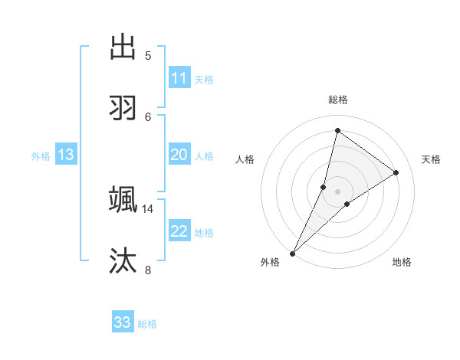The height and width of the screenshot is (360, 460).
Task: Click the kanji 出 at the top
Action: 123,47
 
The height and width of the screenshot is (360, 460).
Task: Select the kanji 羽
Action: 123,108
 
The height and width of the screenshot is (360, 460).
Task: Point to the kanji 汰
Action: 123,261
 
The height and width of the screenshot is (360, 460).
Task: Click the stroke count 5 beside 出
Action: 148,56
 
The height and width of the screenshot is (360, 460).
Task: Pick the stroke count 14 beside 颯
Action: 148,208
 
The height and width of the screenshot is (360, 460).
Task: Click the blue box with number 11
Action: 179,78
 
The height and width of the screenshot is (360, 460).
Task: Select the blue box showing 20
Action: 179,155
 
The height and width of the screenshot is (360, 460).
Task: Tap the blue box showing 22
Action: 179,231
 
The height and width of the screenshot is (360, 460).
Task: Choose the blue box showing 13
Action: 66,155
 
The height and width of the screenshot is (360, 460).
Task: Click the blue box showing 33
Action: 123,322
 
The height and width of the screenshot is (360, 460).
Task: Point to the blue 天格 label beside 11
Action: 204,80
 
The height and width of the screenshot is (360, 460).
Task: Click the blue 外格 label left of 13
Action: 41,156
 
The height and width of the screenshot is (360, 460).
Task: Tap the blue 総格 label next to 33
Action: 147,324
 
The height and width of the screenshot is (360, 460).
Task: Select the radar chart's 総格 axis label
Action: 337,100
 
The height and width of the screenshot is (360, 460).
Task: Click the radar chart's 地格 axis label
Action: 402,262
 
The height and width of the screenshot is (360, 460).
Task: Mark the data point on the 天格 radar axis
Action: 396,172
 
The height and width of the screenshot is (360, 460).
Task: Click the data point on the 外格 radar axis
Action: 292,254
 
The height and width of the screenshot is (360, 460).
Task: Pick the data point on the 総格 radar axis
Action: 337,130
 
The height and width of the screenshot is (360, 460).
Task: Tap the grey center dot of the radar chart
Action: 337,191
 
